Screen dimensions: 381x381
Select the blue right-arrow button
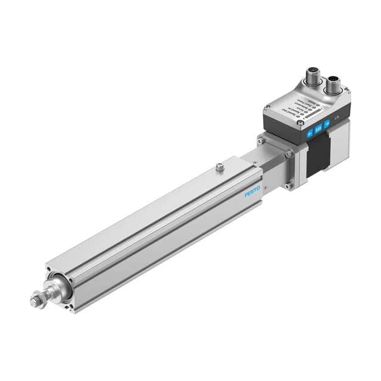(x=327, y=125)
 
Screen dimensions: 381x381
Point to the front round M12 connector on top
(x=312, y=77)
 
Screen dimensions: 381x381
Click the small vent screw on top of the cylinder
(x=220, y=168)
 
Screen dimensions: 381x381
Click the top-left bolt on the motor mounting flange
(x=261, y=140)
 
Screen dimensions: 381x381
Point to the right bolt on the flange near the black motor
(x=289, y=154)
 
